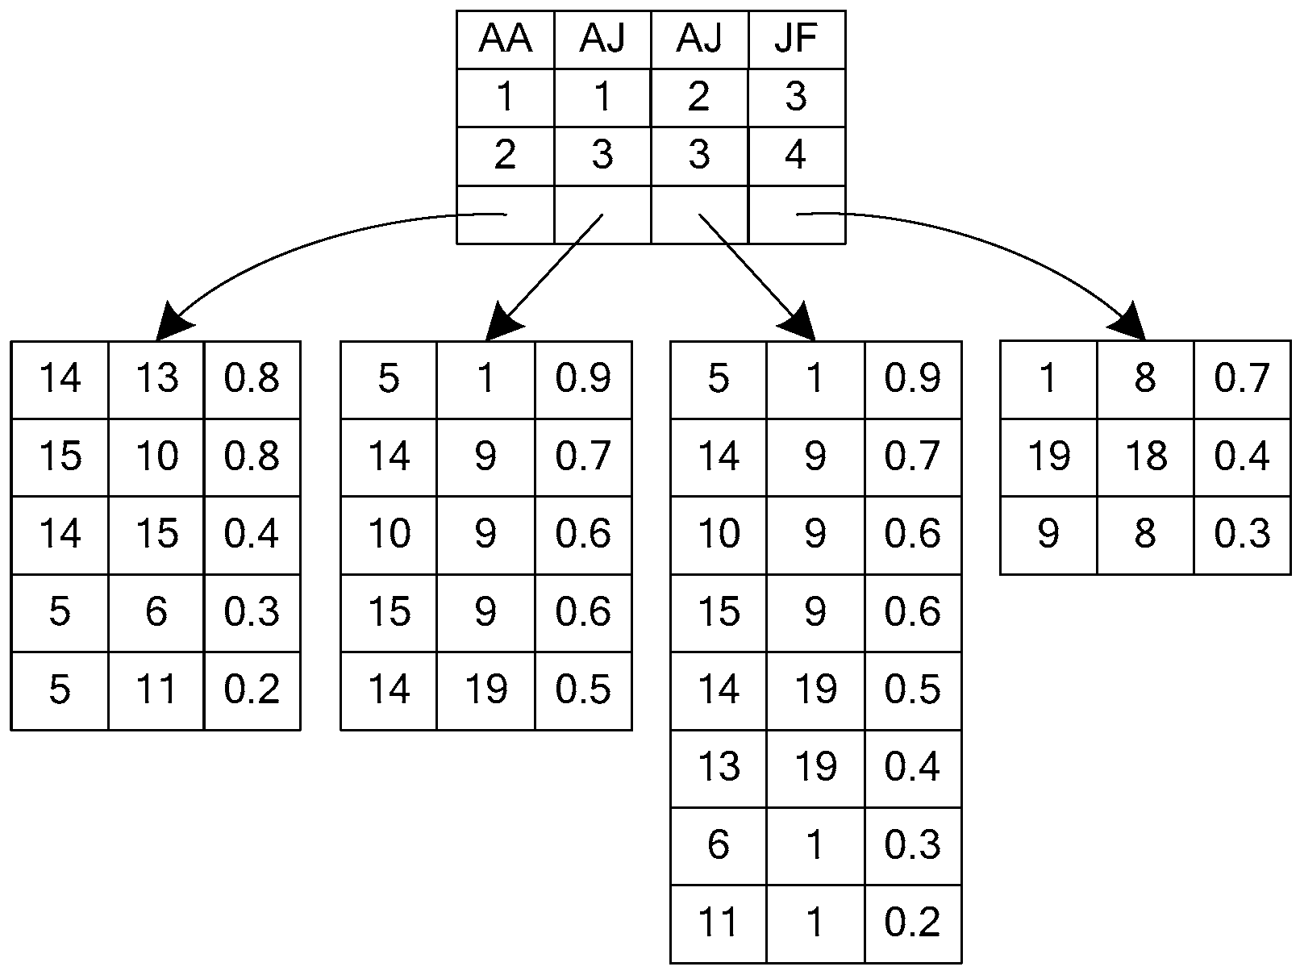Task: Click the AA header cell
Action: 505,40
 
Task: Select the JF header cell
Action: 796,40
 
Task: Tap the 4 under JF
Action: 796,155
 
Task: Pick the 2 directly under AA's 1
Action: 505,155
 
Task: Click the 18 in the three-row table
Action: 1144,456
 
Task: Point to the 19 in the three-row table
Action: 1048,456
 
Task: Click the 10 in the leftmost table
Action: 156,456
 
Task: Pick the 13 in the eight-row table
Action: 718,767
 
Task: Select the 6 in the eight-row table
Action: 718,844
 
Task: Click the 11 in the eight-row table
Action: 718,922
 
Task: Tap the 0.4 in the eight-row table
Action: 912,767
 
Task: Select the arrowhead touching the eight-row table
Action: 798,323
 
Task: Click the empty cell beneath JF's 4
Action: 796,215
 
